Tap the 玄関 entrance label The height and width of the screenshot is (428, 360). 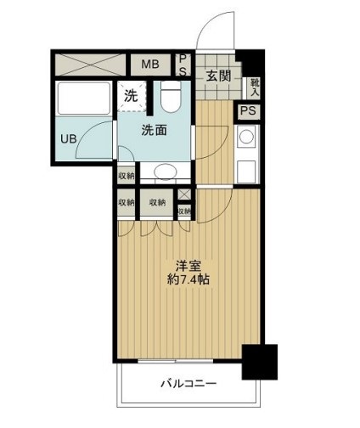tap(217, 76)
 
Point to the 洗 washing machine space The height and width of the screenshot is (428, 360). tap(131, 96)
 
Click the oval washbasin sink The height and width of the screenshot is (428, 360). tap(165, 172)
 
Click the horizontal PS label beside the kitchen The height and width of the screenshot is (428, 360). tap(248, 110)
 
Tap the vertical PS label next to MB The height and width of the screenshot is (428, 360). tap(183, 65)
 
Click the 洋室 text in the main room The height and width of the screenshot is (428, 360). tap(186, 264)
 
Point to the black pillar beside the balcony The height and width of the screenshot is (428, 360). tap(259, 361)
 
